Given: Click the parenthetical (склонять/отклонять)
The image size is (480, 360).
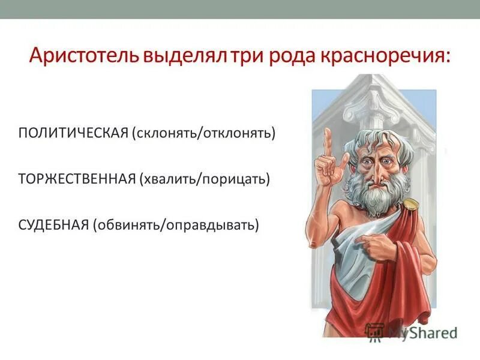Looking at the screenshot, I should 204,132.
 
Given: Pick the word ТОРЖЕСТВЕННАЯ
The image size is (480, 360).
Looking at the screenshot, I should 77,179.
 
